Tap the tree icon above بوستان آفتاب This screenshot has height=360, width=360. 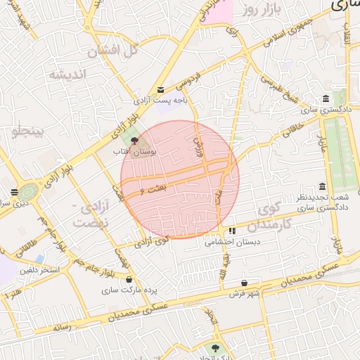[135, 141]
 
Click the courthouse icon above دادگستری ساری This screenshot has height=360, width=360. [325, 98]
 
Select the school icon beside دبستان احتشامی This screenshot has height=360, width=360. [232, 231]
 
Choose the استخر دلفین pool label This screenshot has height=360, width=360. [39, 270]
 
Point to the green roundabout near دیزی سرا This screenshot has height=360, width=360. [28, 191]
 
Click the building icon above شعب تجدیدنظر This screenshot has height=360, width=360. [322, 186]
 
